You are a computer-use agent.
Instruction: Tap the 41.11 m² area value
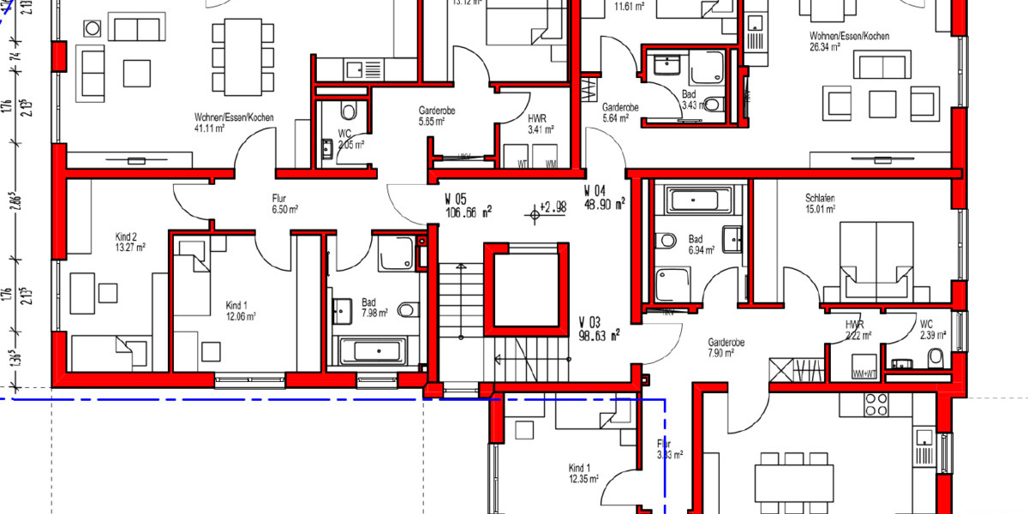(x=209, y=129)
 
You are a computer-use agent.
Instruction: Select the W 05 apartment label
(x=456, y=200)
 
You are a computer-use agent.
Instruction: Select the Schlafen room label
(x=820, y=197)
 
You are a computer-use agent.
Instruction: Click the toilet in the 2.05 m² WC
(x=347, y=111)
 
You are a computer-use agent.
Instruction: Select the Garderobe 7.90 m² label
(x=726, y=347)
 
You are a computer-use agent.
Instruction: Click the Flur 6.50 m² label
(x=284, y=201)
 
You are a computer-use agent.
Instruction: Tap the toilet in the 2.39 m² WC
(x=936, y=356)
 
